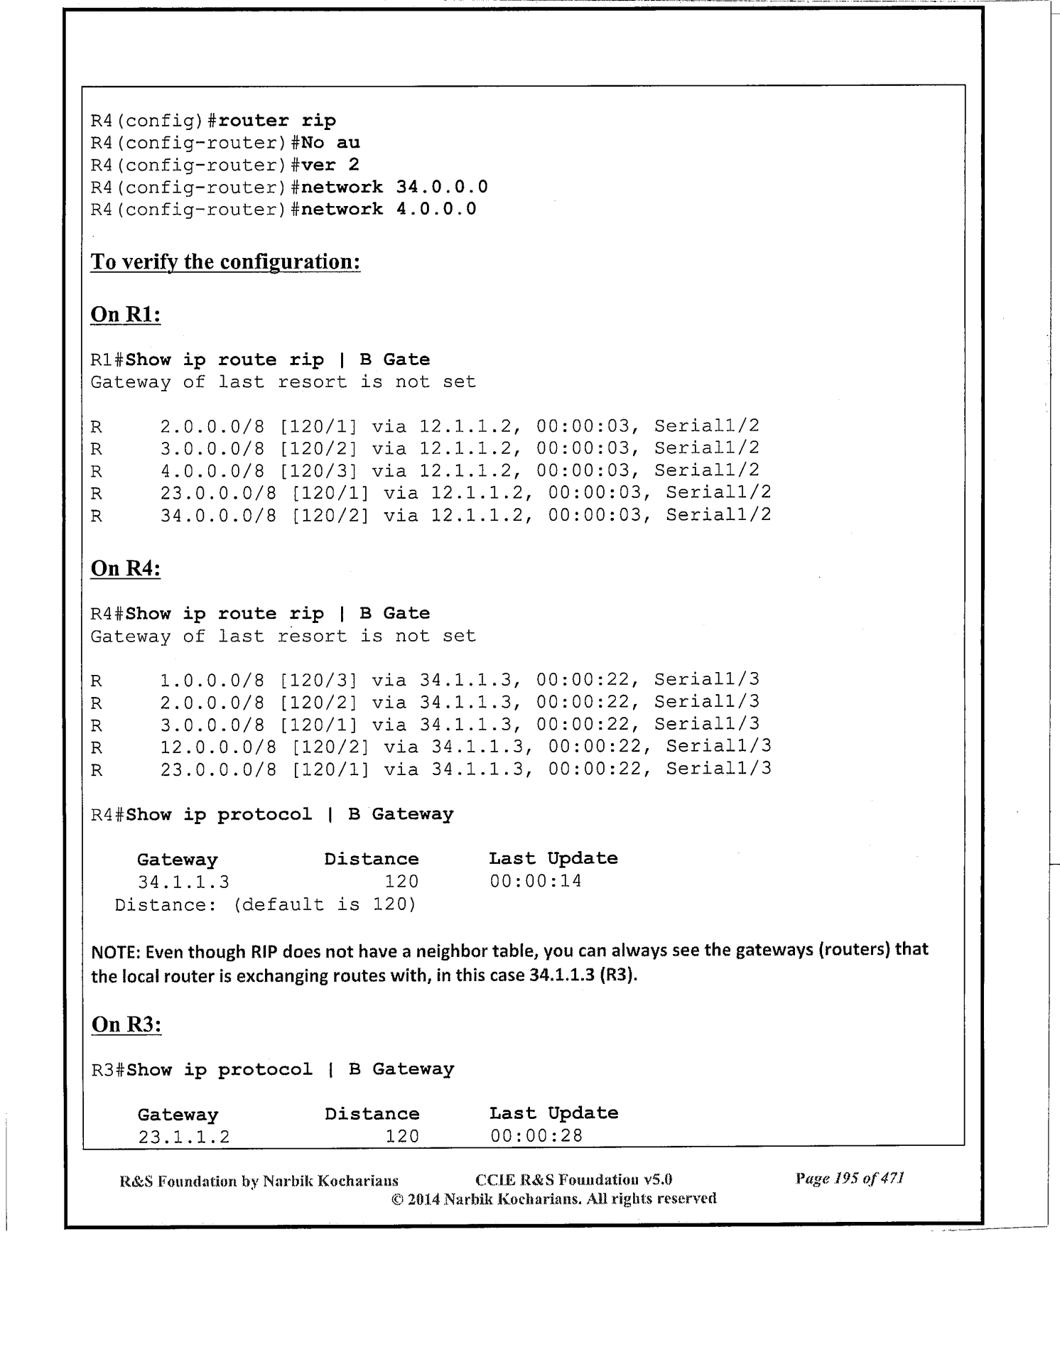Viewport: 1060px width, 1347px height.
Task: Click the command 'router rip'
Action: (x=277, y=121)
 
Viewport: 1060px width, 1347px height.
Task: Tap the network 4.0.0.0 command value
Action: (x=436, y=210)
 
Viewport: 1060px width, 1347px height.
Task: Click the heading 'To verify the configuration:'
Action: (x=225, y=262)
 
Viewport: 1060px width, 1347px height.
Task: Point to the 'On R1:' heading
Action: (x=126, y=314)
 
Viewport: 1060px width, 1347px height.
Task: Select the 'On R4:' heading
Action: (x=126, y=568)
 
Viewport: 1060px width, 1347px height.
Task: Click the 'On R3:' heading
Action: (x=126, y=1024)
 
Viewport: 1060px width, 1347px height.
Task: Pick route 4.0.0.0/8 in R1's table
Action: (x=212, y=470)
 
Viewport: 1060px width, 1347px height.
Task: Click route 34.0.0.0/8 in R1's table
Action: (x=218, y=515)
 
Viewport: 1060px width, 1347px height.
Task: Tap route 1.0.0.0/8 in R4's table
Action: (x=212, y=681)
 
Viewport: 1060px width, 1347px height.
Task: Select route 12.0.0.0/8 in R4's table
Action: (x=218, y=747)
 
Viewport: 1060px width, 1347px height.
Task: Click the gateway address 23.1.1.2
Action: (x=184, y=1136)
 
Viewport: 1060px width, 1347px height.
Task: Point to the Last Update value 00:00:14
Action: (x=536, y=882)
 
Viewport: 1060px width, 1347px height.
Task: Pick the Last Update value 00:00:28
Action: (x=536, y=1136)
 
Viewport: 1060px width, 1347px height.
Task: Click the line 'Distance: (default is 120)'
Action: (x=265, y=904)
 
